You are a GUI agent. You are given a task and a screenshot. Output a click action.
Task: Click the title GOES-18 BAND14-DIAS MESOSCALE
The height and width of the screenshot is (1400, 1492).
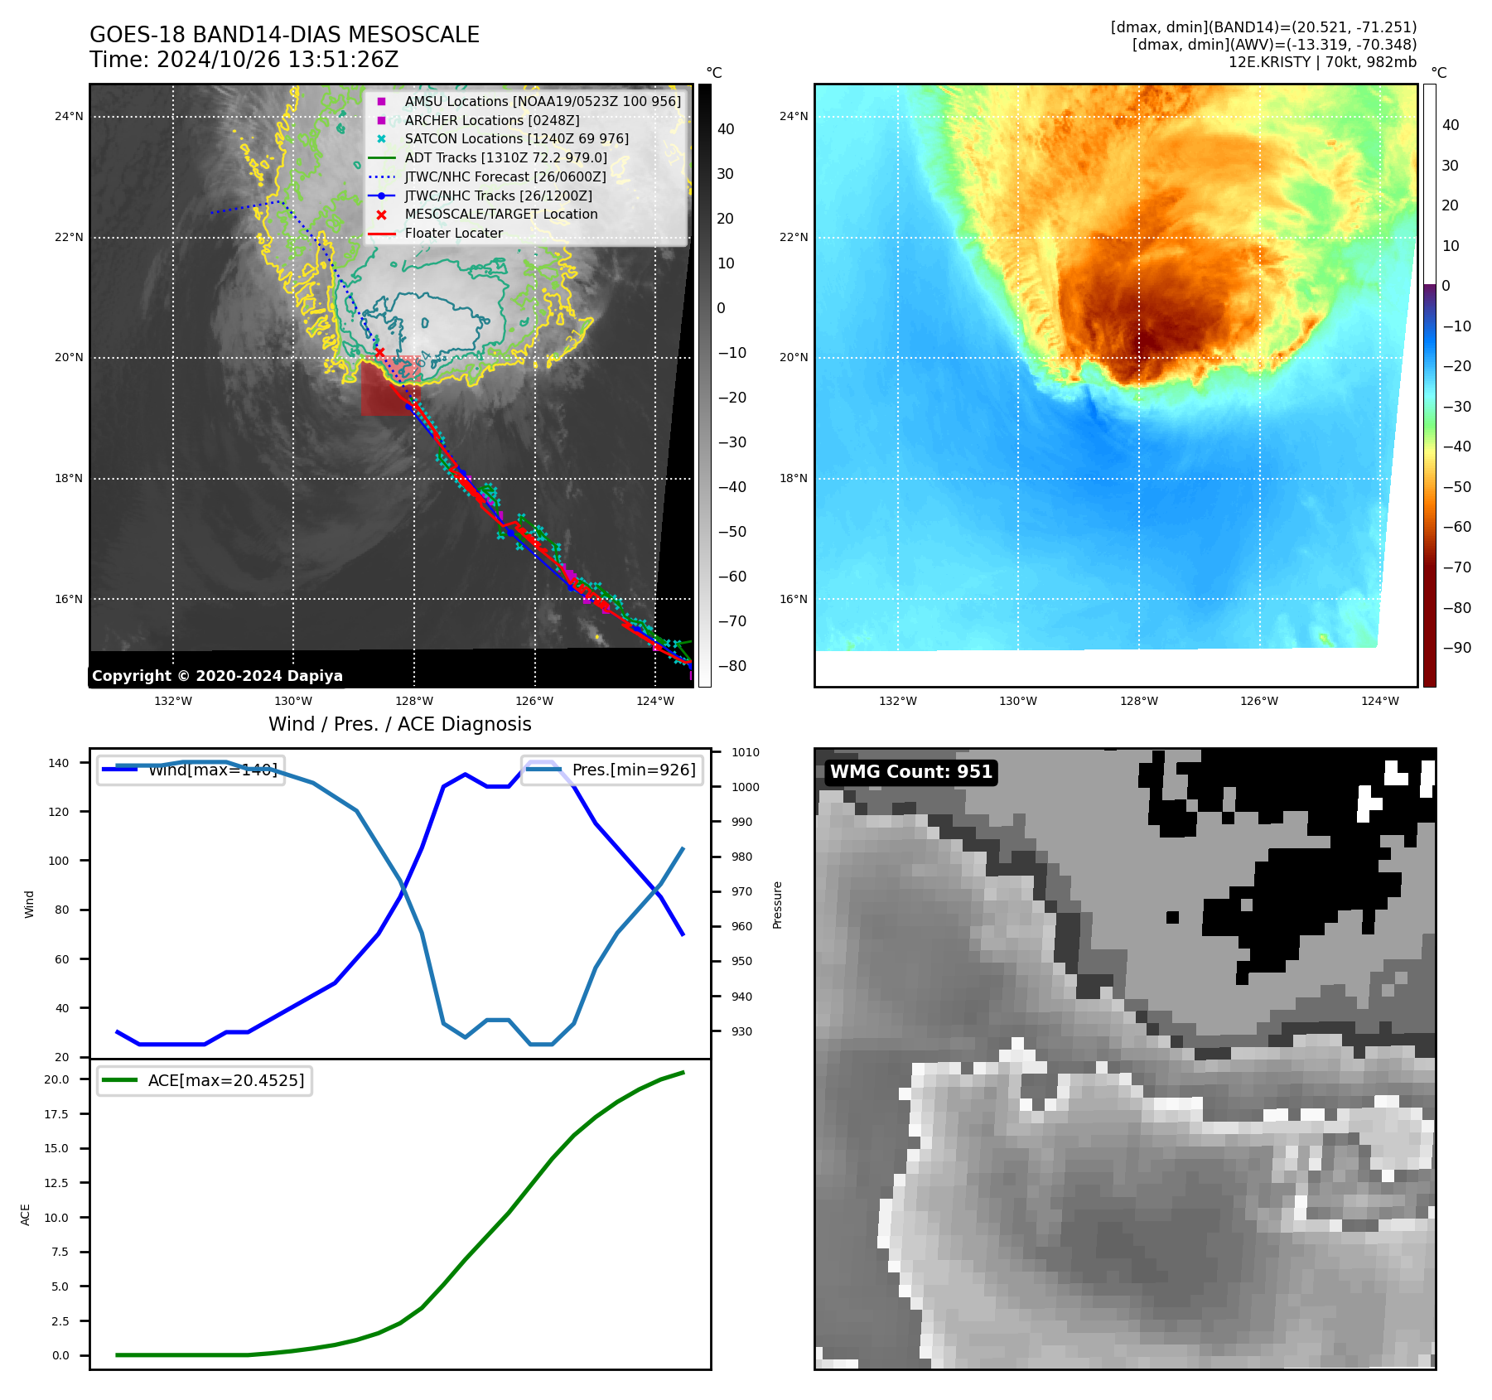(x=284, y=35)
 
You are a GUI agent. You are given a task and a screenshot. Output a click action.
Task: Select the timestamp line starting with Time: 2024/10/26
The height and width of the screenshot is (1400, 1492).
(x=244, y=60)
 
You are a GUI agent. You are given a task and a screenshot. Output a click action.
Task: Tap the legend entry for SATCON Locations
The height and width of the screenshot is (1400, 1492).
(x=516, y=139)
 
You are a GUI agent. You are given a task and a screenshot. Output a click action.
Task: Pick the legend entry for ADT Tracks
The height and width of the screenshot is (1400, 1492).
(x=505, y=157)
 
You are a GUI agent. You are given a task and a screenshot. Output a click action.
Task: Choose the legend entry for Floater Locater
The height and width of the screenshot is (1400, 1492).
(x=453, y=234)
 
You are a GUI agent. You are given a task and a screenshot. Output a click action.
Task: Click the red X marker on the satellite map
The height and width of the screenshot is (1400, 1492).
(x=379, y=353)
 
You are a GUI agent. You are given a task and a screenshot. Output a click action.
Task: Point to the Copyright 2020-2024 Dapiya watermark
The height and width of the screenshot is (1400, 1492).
(x=217, y=676)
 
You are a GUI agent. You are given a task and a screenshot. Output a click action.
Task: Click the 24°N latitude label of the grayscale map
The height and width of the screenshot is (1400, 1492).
(x=69, y=117)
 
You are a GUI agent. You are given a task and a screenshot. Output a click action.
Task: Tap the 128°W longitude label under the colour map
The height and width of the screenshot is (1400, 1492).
(x=1139, y=702)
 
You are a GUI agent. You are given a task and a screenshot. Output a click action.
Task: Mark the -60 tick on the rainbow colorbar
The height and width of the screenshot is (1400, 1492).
(x=1456, y=527)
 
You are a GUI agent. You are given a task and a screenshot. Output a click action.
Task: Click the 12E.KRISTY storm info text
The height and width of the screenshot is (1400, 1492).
(x=1322, y=62)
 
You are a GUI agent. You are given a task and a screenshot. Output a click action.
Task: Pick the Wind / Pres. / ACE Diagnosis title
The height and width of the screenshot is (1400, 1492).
(x=399, y=724)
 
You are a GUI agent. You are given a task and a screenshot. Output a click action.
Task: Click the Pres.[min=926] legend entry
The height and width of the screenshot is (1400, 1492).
(x=634, y=770)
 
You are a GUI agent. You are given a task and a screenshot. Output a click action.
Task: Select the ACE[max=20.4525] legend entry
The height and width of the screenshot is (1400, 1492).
(x=225, y=1081)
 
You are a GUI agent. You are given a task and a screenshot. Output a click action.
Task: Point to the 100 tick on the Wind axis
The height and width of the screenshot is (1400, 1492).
(x=59, y=861)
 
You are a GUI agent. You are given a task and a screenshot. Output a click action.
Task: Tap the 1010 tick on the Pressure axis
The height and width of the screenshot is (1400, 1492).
(x=745, y=753)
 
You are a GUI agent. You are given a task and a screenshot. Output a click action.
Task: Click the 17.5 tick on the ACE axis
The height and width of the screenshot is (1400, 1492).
(x=56, y=1114)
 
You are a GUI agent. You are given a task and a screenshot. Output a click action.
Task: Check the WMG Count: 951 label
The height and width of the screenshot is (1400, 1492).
(x=910, y=772)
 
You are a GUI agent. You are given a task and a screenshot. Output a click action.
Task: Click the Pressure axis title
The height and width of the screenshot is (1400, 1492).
(x=777, y=905)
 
